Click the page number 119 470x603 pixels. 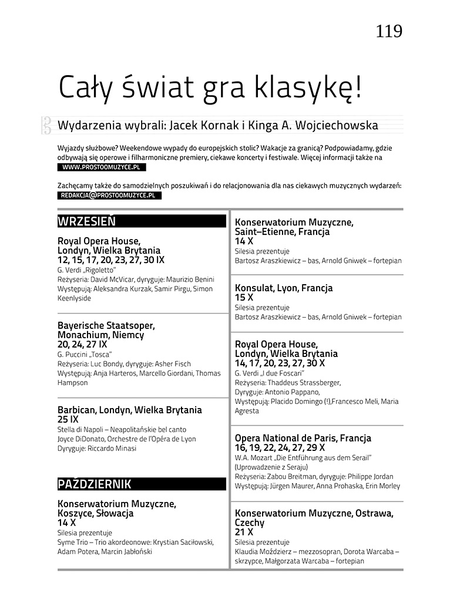tap(389, 31)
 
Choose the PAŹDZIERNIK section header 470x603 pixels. tap(95, 484)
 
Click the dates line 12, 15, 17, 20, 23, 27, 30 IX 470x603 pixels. tap(111, 260)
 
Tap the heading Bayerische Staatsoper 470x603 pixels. tap(106, 325)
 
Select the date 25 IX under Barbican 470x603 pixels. tap(68, 420)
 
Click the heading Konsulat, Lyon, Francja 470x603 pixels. tap(284, 288)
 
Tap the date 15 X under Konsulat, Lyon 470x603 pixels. tap(244, 298)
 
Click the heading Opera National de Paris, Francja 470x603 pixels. tap(303, 439)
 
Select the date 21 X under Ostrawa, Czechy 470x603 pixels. tap(244, 533)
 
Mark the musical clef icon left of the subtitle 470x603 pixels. tap(46, 125)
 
